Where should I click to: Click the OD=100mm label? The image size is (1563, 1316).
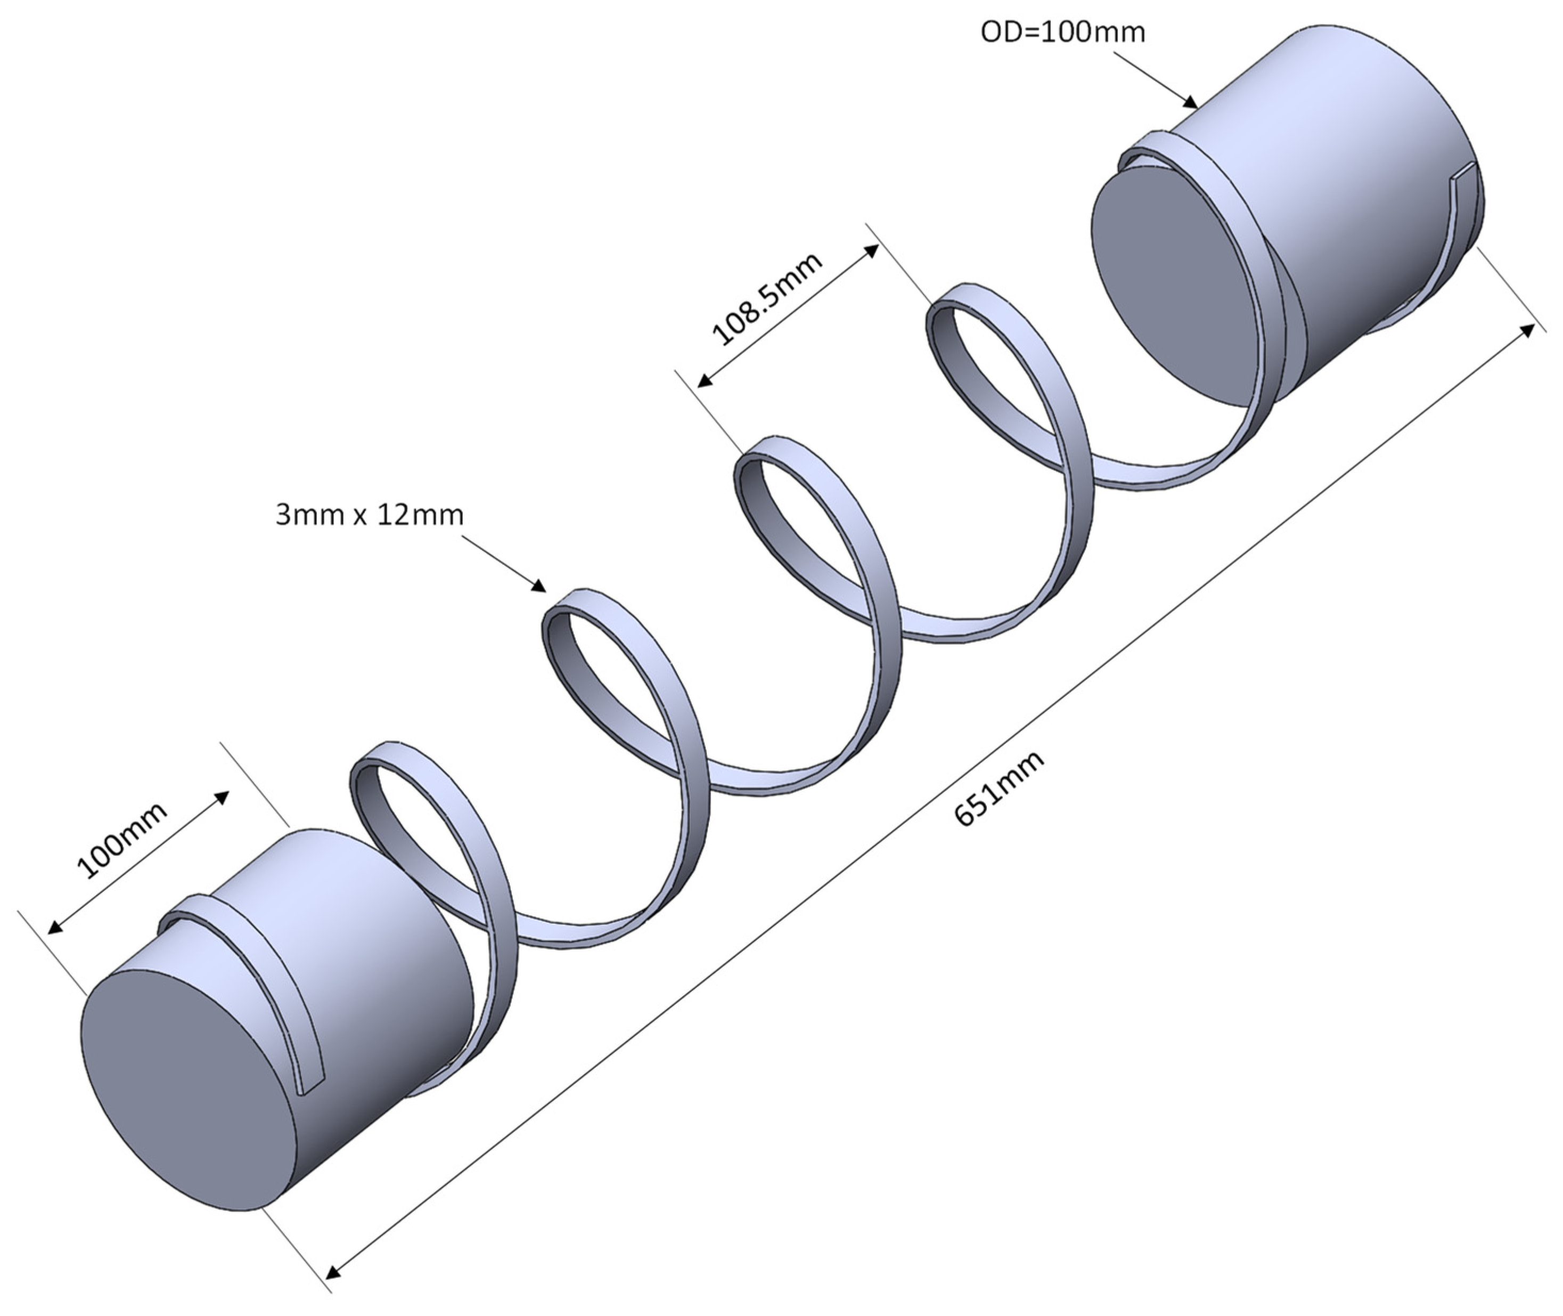[x=1062, y=32]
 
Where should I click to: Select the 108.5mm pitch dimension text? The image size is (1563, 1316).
[x=768, y=298]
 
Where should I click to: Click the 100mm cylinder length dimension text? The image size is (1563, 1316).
[x=123, y=839]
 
